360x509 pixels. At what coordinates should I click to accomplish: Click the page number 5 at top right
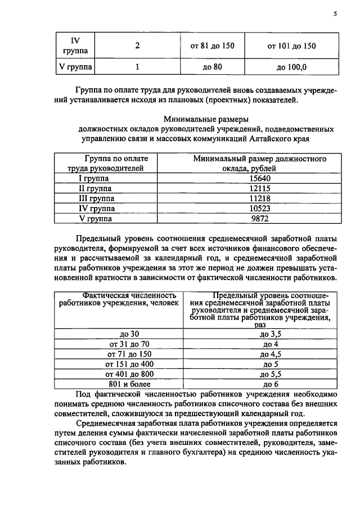[335, 15]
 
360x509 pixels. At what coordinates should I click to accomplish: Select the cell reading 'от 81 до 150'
[213, 46]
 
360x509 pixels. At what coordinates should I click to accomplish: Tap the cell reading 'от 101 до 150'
[291, 46]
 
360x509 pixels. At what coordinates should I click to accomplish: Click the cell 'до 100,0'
[291, 67]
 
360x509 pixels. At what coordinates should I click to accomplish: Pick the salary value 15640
[260, 178]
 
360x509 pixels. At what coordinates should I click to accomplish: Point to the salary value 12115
[260, 188]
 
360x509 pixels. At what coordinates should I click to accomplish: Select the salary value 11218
[260, 199]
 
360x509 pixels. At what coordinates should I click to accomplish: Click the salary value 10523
[260, 209]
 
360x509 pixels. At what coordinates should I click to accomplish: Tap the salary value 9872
[260, 218]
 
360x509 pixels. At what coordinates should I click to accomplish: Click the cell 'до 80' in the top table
[213, 67]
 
